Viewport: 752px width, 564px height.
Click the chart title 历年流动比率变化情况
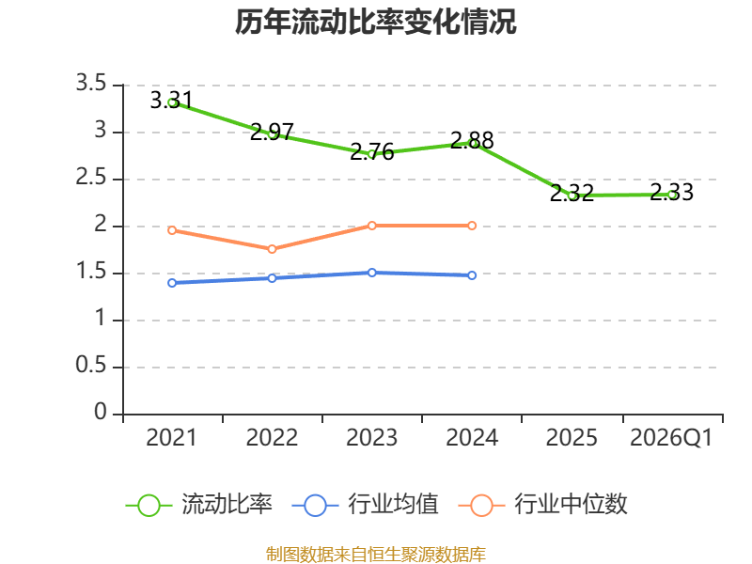click(375, 22)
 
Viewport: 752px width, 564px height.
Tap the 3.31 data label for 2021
click(171, 101)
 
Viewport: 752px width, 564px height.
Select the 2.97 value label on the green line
click(272, 132)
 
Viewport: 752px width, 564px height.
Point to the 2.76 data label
click(371, 151)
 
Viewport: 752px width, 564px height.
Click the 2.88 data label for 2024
click(472, 140)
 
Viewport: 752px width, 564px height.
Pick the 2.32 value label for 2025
click(572, 193)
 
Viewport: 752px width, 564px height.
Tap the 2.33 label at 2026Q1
click(671, 192)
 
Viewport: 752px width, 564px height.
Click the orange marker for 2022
click(272, 249)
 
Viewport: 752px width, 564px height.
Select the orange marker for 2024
click(472, 226)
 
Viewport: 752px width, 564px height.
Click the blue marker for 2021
click(172, 283)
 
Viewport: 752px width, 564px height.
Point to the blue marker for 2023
click(371, 273)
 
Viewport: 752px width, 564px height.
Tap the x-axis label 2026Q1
click(671, 438)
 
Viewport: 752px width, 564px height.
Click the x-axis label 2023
click(371, 438)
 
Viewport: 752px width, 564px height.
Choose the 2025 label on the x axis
click(572, 438)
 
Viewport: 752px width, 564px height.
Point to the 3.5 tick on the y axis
click(91, 83)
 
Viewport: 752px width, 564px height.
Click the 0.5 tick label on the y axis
click(91, 365)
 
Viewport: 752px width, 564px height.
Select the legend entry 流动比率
click(198, 505)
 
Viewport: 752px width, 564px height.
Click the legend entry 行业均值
click(365, 505)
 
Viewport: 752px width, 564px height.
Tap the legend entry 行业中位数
click(543, 505)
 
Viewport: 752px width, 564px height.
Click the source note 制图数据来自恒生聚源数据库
click(376, 555)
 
